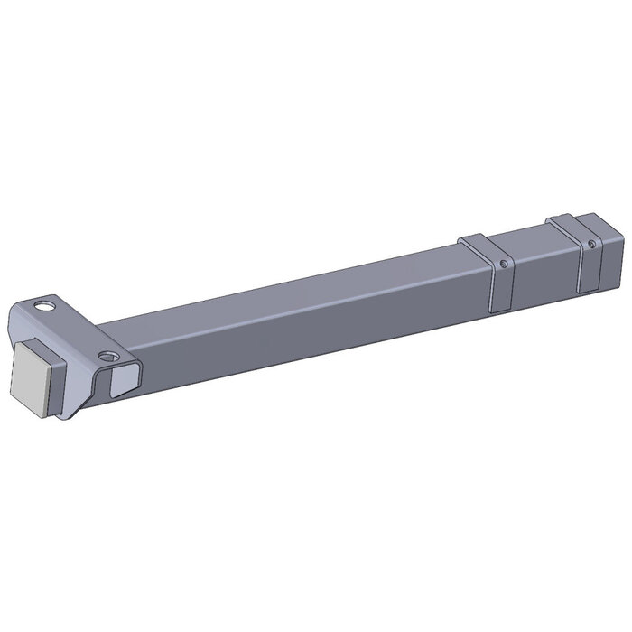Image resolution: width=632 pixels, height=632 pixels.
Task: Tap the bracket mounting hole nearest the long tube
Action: click(x=110, y=355)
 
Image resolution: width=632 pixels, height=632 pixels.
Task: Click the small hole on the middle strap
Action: click(x=503, y=264)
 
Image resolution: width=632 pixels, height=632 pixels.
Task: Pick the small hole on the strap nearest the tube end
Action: click(x=591, y=243)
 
